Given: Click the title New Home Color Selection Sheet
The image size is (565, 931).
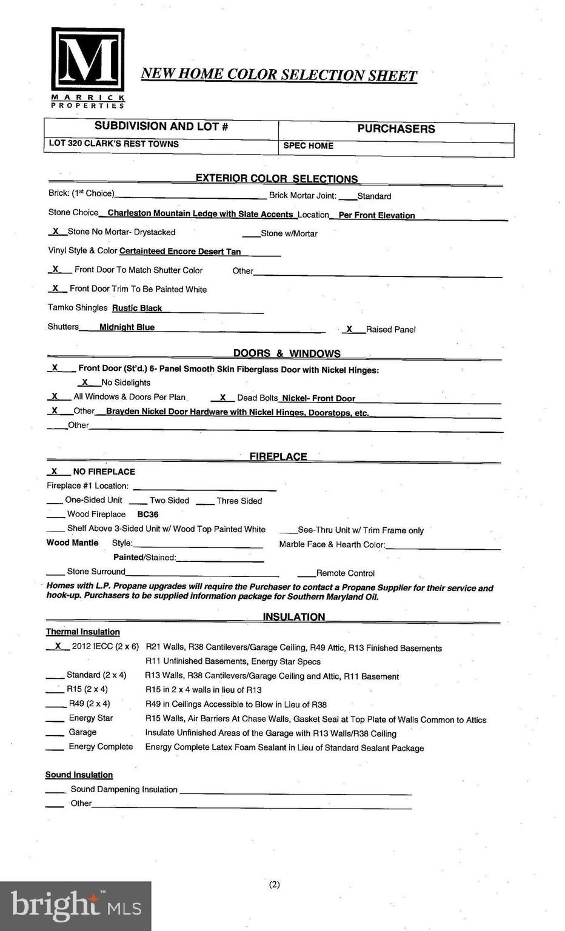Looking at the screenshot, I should click(279, 75).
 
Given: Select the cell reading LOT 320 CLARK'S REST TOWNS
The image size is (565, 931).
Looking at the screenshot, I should click(114, 144).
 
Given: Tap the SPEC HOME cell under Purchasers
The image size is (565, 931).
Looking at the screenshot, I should click(308, 146).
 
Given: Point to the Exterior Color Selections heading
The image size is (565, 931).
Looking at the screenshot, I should click(276, 179).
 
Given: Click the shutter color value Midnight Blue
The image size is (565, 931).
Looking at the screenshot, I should click(127, 327).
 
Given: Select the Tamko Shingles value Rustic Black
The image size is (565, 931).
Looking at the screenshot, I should click(137, 309).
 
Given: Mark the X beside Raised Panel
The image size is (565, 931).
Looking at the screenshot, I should click(349, 329).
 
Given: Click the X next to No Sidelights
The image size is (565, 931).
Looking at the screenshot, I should click(85, 382).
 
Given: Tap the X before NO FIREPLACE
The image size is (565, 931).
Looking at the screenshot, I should click(54, 471).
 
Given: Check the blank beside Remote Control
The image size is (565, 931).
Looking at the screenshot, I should click(306, 573).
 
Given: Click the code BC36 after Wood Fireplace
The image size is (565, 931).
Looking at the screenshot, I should click(148, 515).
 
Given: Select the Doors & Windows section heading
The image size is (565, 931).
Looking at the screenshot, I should click(287, 353).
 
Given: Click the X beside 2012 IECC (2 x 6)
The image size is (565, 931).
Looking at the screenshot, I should click(58, 646).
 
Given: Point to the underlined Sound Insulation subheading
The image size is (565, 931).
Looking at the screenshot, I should click(79, 775).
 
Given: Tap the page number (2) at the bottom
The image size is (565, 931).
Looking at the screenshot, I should click(275, 884).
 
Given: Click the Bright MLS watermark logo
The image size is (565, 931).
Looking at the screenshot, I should click(76, 906).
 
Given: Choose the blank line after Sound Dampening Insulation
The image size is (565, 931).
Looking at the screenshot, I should click(295, 790).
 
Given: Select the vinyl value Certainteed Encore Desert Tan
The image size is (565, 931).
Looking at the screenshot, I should click(180, 252).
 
